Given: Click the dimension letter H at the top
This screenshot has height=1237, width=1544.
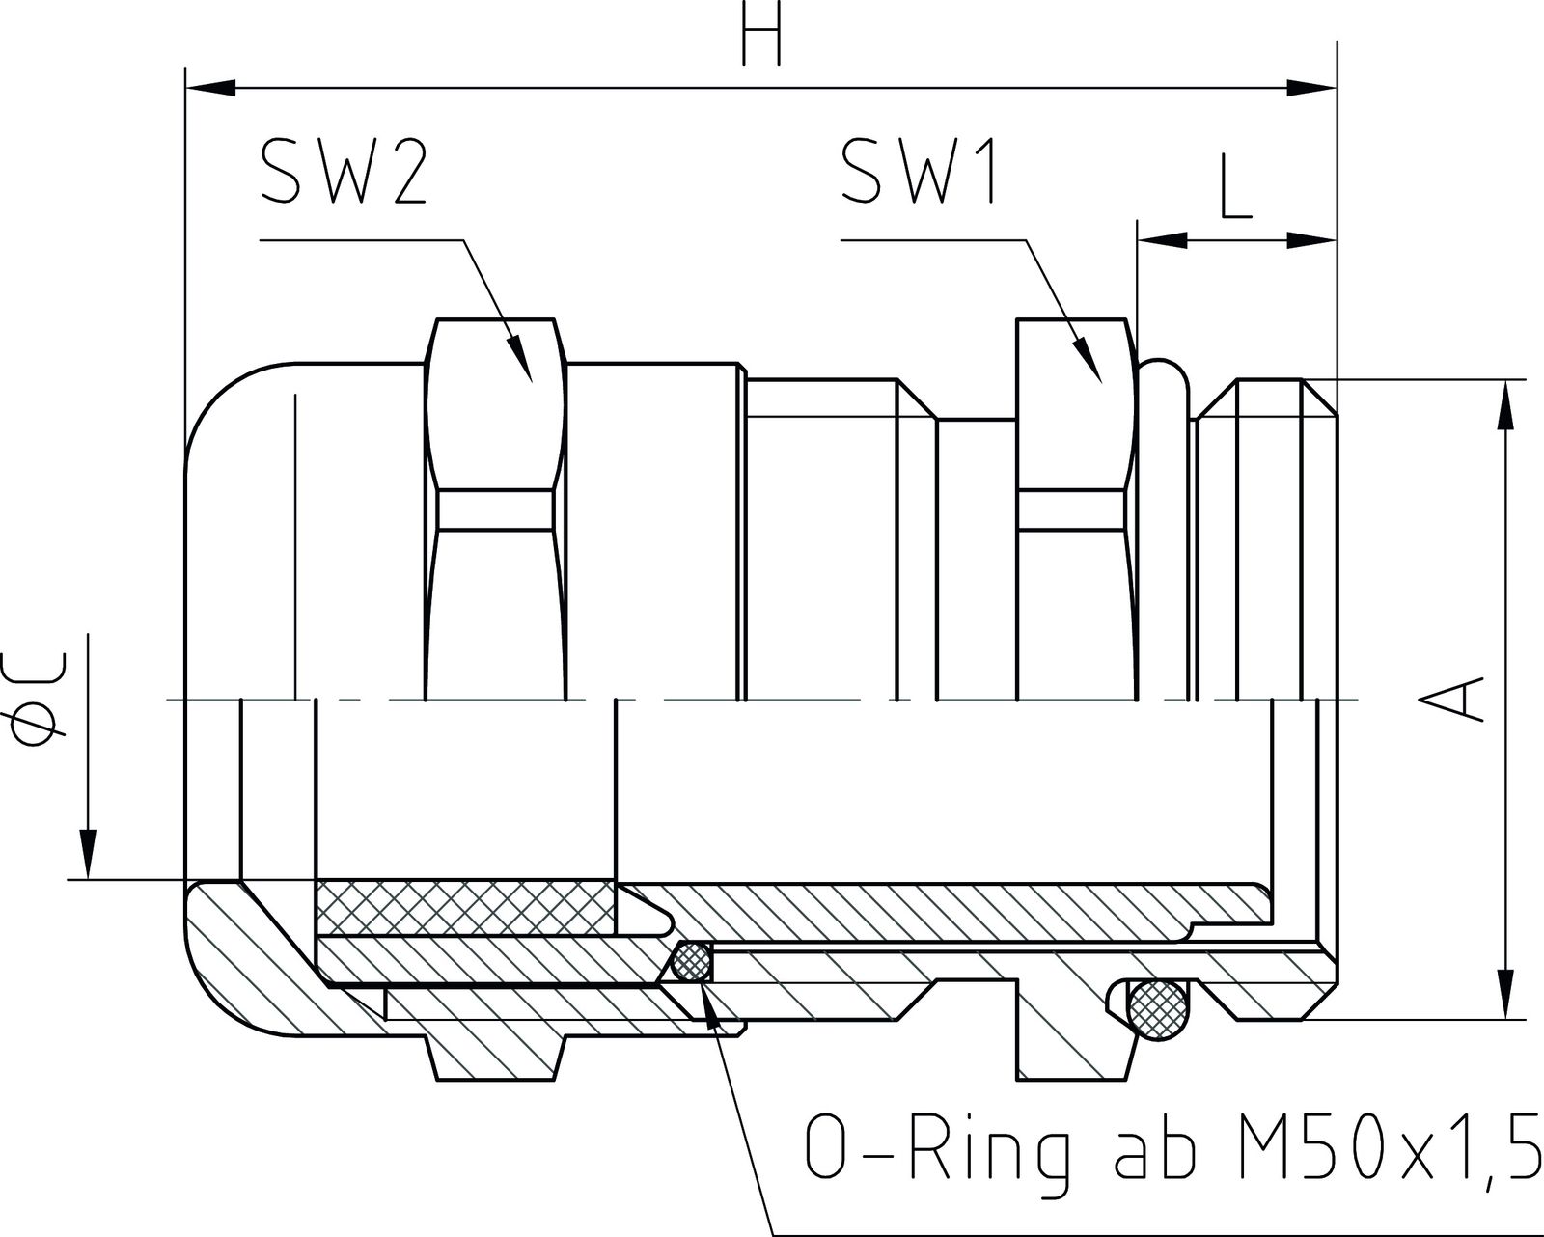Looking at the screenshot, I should point(761,39).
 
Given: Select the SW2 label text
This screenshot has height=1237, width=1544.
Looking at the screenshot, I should point(343,171).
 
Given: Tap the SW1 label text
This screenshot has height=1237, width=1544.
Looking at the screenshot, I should point(918,171).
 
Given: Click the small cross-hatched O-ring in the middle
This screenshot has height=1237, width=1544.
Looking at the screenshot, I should point(691,962).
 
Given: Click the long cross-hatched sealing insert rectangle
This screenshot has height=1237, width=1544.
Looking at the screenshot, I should point(463,908).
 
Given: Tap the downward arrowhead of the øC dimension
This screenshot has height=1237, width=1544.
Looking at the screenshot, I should point(88,853).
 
